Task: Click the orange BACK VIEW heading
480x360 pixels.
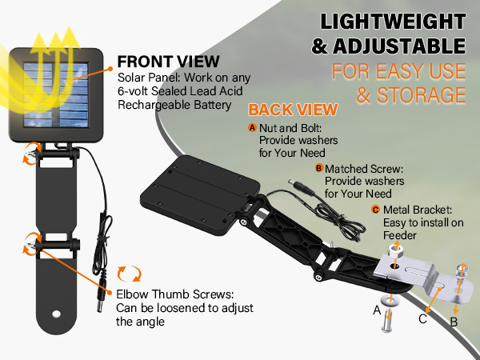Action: pos(293,110)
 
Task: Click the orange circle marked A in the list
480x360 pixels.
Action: pos(253,127)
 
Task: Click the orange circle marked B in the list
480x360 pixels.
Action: pos(319,169)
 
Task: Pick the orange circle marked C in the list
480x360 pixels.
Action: pos(375,210)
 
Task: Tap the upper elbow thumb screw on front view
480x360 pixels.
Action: pos(34,150)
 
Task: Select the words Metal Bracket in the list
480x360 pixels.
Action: pos(414,210)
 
